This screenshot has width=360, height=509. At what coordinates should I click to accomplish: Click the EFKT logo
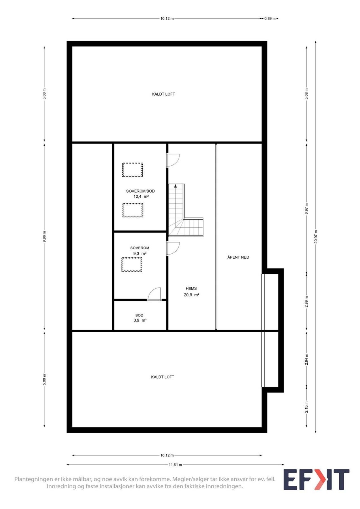point(316,479)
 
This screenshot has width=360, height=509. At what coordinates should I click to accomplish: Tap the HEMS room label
point(191,288)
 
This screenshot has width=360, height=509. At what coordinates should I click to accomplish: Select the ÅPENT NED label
point(238,257)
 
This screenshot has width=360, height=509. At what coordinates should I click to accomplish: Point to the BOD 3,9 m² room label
point(140,318)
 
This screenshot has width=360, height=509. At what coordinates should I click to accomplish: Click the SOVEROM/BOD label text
point(140,191)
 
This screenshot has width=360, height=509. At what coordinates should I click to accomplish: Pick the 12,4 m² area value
point(141,197)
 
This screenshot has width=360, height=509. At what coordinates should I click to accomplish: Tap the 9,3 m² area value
point(140,254)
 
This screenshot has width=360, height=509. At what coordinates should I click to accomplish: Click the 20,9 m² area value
point(192,295)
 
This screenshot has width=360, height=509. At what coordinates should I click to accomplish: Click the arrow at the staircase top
point(175,186)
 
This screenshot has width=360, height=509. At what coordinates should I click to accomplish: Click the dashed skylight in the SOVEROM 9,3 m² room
point(132,264)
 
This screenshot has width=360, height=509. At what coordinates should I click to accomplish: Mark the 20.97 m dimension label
point(316,237)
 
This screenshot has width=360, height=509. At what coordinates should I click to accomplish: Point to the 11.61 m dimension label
point(175,465)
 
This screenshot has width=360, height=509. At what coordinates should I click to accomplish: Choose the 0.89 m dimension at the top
point(270,19)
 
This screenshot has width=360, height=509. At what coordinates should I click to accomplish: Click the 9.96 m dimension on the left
point(44,237)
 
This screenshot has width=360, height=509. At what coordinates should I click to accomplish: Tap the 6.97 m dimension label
point(307,209)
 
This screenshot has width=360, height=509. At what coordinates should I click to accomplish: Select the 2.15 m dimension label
point(307,407)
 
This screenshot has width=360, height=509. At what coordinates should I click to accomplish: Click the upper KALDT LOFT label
point(164,94)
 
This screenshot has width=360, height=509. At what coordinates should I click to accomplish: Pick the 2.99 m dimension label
point(307,302)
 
